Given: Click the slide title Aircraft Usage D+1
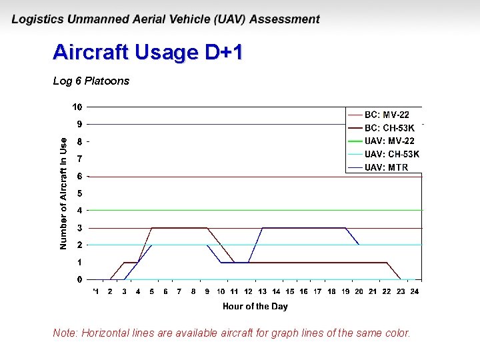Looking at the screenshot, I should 147,53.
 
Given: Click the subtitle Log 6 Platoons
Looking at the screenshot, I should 91,81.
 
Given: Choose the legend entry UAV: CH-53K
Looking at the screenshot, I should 392,154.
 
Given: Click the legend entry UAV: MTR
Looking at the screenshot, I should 387,167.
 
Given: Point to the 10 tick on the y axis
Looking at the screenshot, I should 77,107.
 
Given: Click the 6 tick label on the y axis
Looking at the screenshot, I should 79,176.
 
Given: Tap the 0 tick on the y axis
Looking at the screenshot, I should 79,279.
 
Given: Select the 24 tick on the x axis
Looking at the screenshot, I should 415,291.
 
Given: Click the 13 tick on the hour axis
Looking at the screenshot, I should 262,291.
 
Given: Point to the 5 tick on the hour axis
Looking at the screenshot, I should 151,291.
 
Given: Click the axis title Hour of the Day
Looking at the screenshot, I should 255,307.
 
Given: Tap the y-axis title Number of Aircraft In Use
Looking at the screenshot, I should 63,193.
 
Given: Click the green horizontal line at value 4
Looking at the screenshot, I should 200,210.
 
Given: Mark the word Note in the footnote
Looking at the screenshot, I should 65,333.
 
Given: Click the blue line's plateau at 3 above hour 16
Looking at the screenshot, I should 304,228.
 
